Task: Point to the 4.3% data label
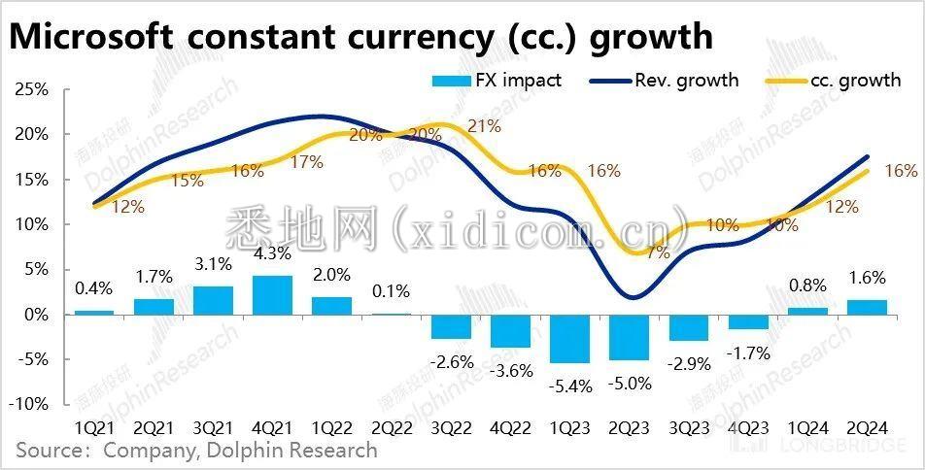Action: click(272, 260)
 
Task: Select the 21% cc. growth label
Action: click(483, 125)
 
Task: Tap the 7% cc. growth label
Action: click(658, 253)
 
